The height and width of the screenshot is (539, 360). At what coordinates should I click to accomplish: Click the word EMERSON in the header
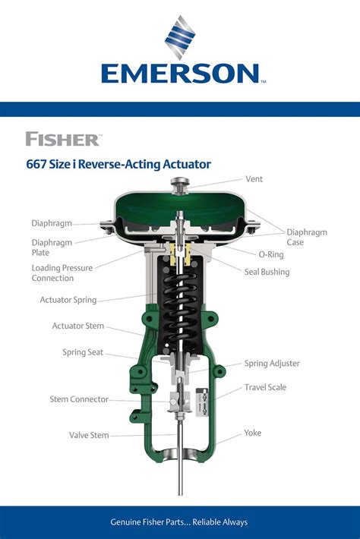[x=180, y=74]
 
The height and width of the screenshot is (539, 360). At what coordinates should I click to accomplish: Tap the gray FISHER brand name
[x=62, y=139]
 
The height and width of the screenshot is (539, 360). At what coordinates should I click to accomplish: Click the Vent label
[x=254, y=179]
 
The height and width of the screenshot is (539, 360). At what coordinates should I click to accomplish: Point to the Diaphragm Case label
[x=306, y=237]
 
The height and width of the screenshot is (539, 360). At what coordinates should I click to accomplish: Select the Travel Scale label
[x=265, y=387]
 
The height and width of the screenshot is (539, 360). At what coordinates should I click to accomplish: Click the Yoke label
[x=253, y=433]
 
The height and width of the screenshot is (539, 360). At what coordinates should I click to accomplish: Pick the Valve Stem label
[x=89, y=436]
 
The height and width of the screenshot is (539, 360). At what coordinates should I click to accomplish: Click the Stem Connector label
[x=79, y=399]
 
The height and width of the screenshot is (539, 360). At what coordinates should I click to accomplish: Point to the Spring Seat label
[x=83, y=352]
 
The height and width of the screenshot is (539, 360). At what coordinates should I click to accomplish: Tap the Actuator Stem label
[x=77, y=326]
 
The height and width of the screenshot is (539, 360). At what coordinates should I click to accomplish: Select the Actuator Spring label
[x=68, y=300]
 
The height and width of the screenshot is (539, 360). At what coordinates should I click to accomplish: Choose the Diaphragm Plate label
[x=52, y=247]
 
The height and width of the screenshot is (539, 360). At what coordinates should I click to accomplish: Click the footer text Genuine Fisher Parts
[x=180, y=522]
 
